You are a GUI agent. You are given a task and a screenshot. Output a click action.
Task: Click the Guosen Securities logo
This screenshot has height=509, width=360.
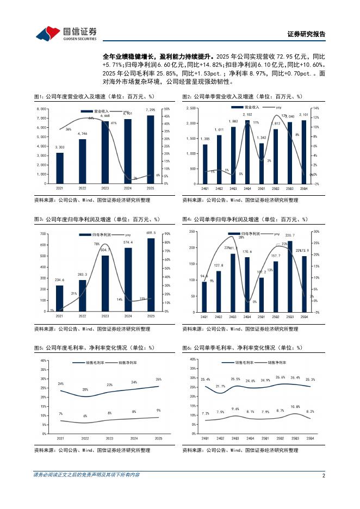tap(66, 34)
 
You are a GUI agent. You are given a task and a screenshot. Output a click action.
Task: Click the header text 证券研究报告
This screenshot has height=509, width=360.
tap(306, 34)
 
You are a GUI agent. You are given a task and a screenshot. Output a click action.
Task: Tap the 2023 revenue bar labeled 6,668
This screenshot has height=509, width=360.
tap(105, 152)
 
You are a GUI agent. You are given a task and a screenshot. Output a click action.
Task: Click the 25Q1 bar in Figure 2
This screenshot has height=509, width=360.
tap(262, 163)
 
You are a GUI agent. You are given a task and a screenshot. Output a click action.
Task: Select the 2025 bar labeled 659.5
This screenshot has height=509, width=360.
tap(150, 275)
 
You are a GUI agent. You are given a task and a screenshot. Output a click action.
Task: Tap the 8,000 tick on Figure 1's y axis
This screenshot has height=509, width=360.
tap(41, 109)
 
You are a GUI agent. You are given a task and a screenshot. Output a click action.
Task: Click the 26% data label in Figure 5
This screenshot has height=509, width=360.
tap(158, 379)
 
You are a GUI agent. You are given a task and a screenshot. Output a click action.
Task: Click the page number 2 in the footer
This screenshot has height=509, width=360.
tap(324, 475)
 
